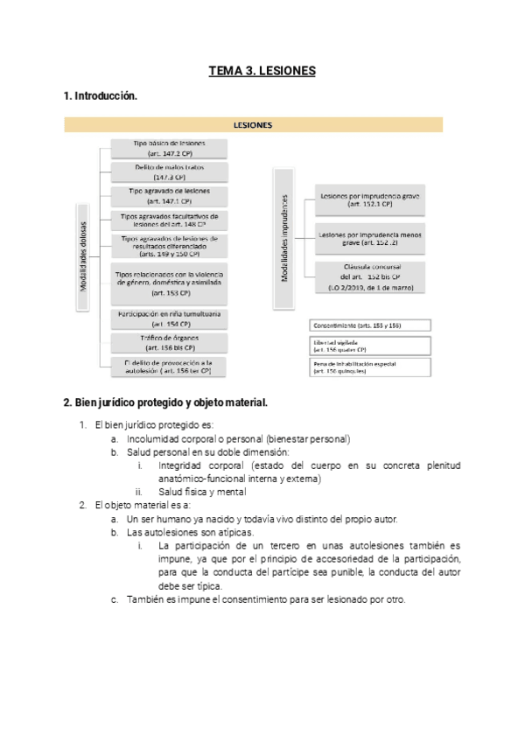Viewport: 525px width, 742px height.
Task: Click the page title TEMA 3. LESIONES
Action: point(262,70)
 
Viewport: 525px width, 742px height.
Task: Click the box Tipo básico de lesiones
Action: point(170,147)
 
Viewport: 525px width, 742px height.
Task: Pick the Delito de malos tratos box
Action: point(170,171)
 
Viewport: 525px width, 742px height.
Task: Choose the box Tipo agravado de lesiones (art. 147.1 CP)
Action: point(170,194)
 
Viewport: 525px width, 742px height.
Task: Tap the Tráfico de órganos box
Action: point(170,341)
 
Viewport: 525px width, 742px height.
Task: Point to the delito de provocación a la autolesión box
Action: point(170,366)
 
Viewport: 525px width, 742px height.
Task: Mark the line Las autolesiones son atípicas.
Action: point(191,531)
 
